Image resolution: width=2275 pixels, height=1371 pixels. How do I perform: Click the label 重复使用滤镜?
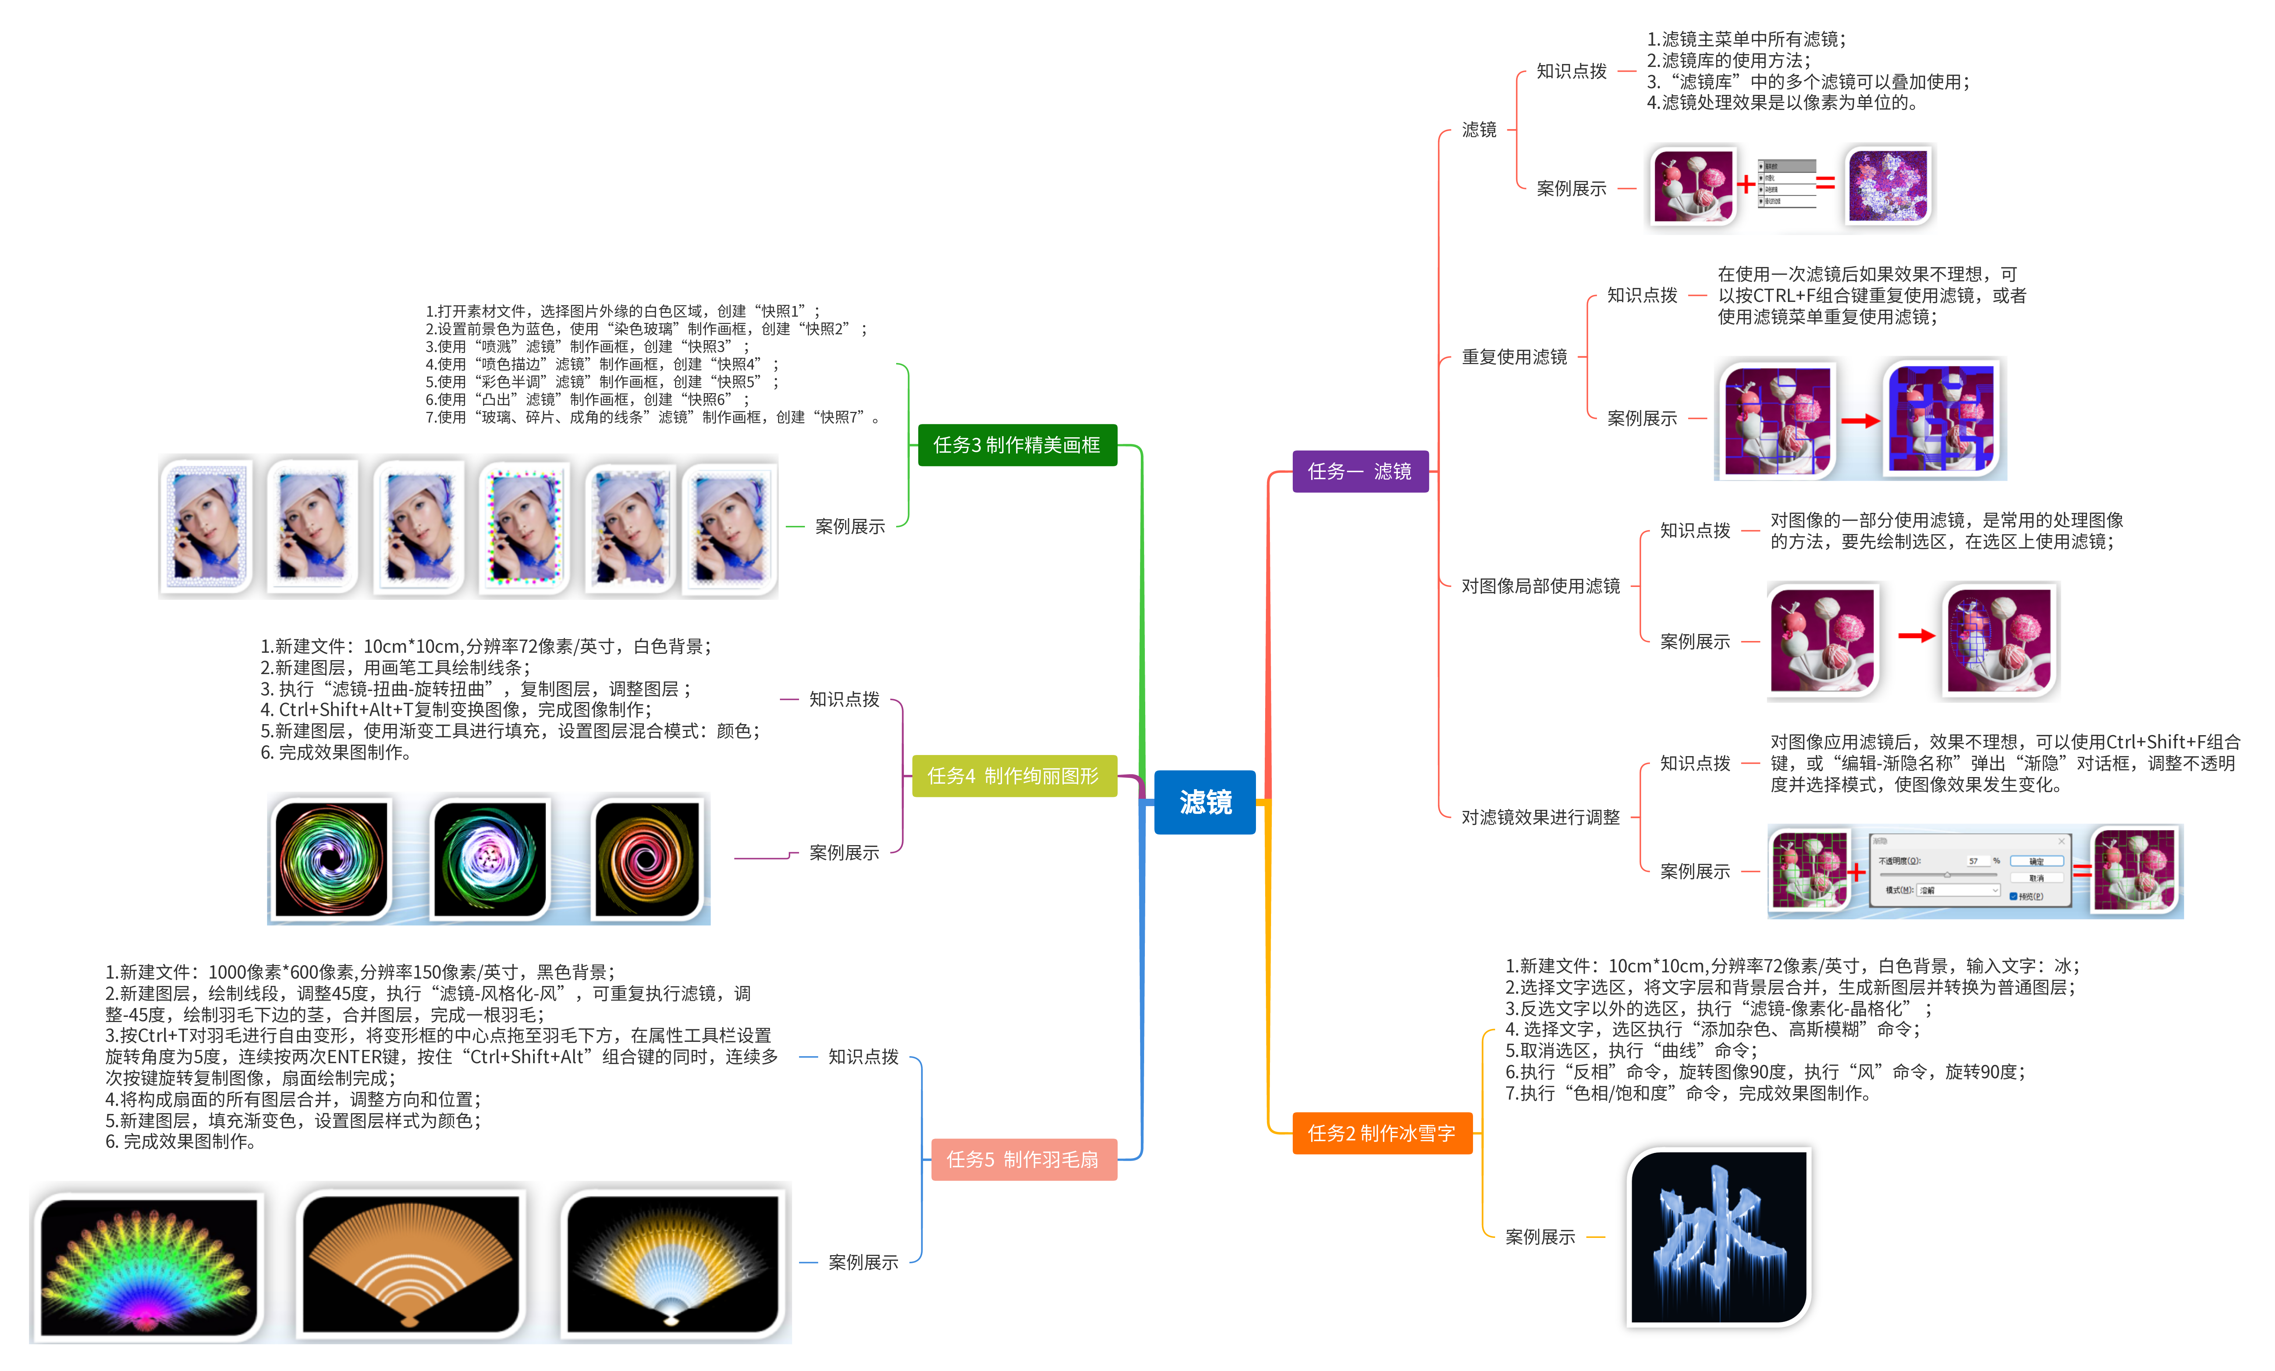point(1514,357)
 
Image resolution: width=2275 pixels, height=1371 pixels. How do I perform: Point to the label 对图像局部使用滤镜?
point(1540,586)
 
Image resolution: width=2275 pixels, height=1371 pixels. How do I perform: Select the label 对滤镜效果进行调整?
point(1540,817)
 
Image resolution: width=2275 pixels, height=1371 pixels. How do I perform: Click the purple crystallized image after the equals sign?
point(1887,186)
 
